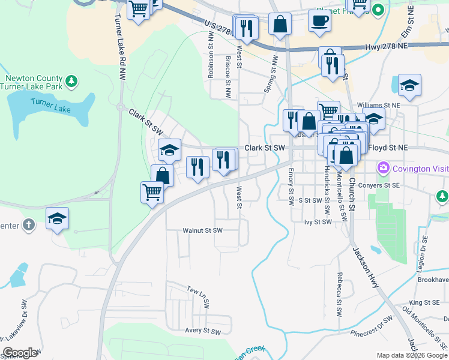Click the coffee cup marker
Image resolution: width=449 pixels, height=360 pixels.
pos(319,21)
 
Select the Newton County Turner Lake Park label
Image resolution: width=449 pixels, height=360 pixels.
pos(34,82)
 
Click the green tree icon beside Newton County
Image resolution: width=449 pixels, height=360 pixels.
pos(71,80)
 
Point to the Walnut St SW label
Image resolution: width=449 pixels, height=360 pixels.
pos(202,230)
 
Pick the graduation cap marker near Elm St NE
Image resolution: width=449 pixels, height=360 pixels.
pos(409,86)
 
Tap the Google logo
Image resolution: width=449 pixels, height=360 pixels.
pos(20,353)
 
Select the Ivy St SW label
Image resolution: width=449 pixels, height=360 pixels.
pos(318,222)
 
